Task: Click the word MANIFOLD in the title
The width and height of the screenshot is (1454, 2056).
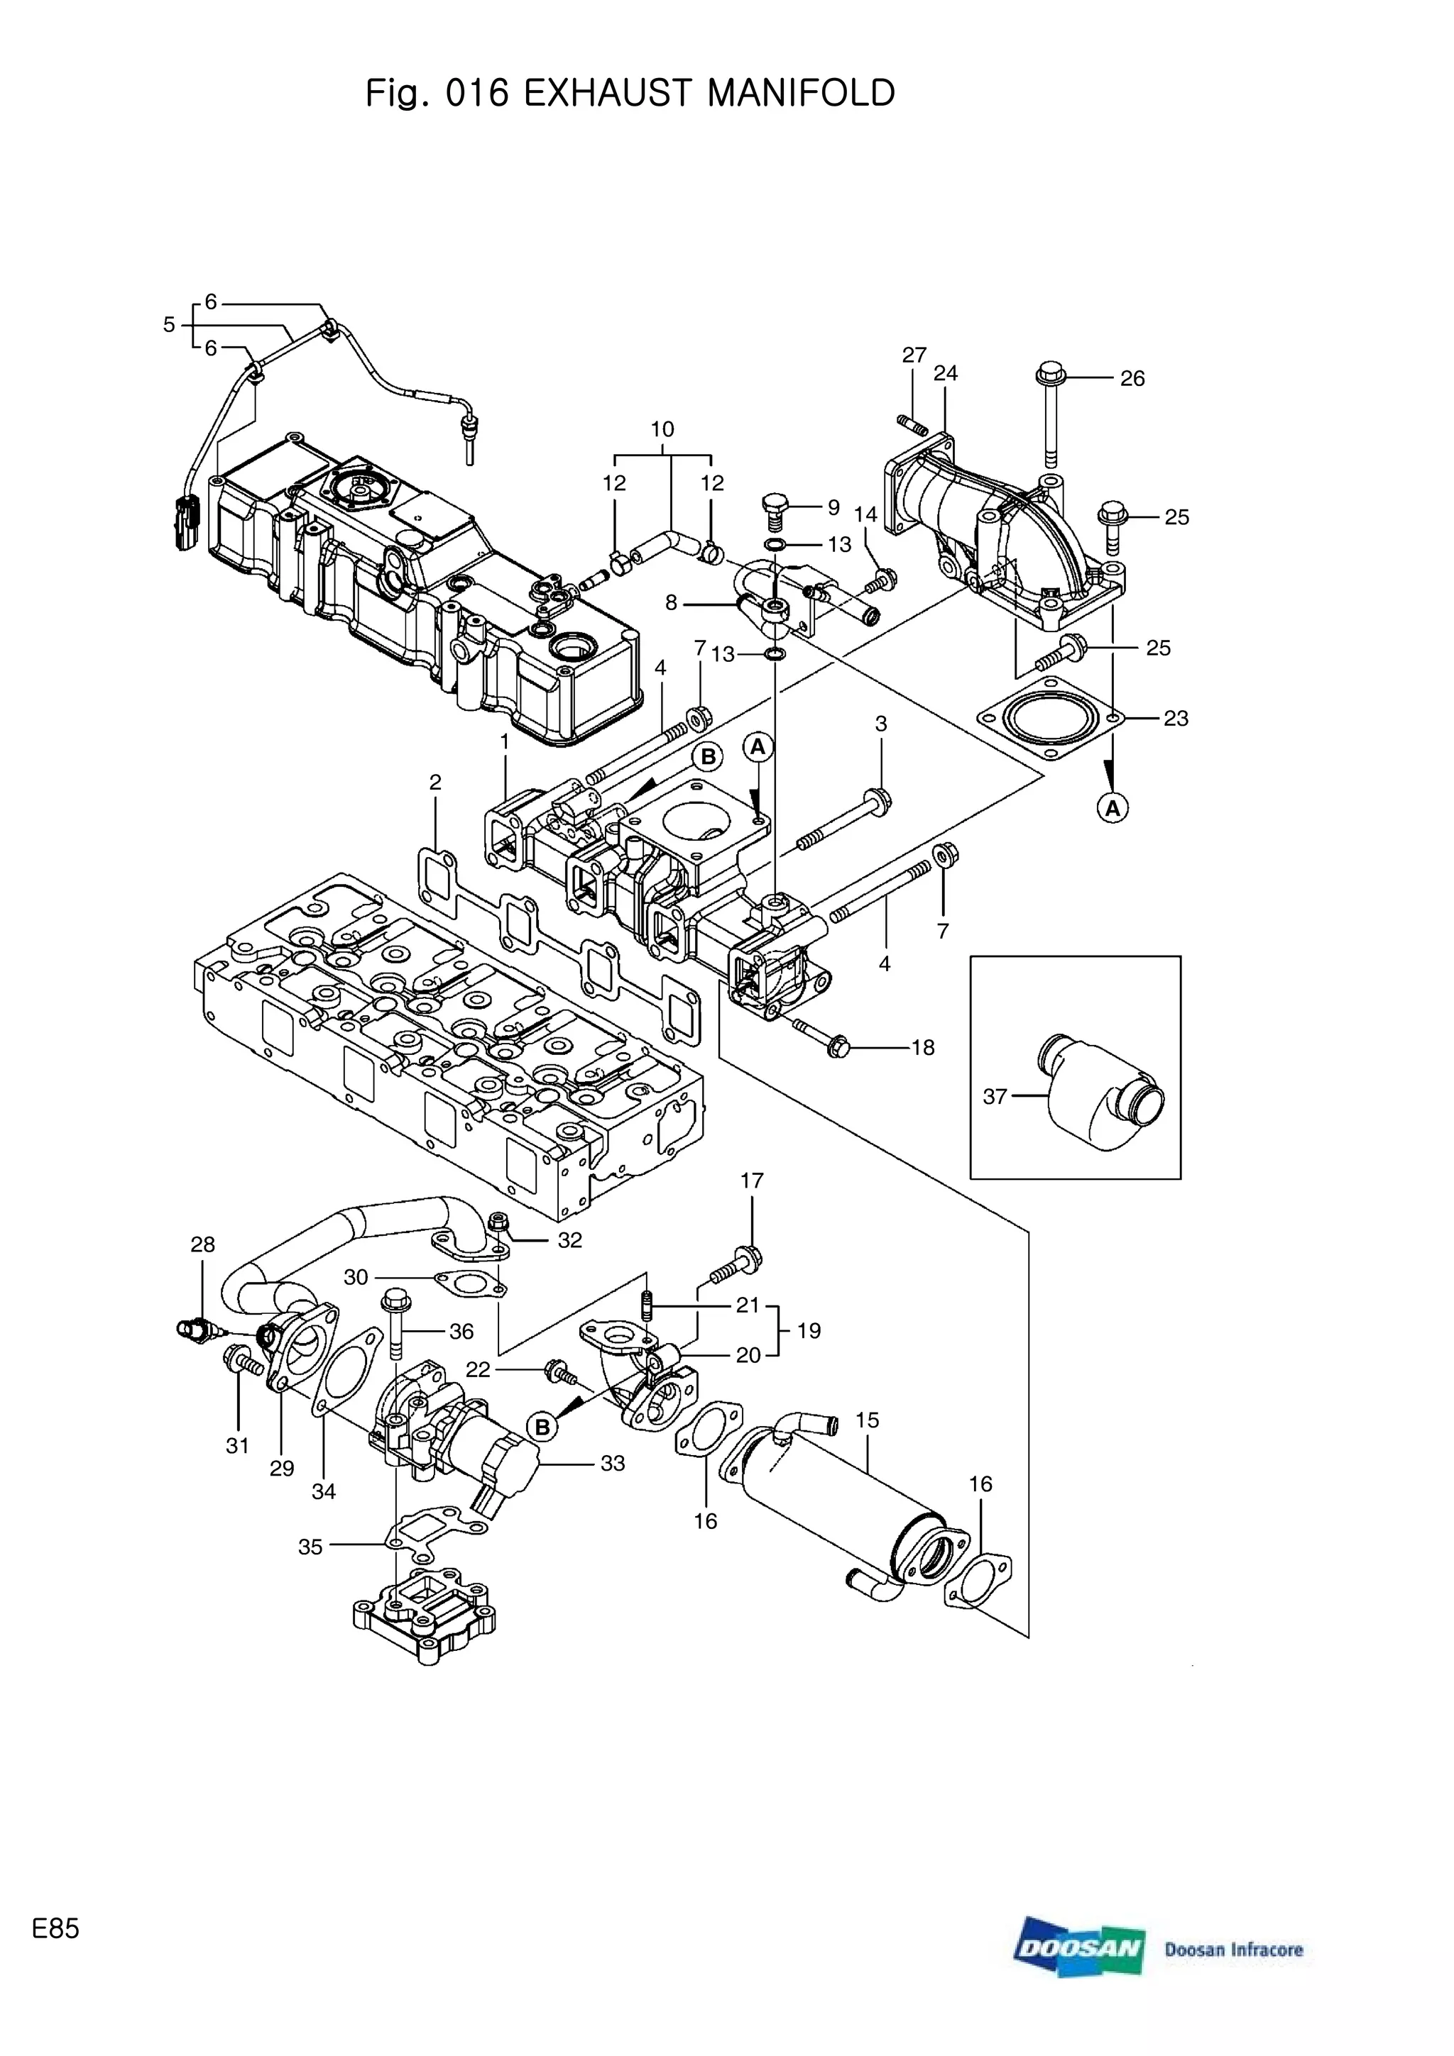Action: (x=800, y=93)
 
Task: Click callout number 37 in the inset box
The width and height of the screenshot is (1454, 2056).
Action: (x=995, y=1096)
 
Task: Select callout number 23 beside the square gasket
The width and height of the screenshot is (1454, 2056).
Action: (x=1176, y=718)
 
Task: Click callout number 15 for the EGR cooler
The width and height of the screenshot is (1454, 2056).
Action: (x=866, y=1420)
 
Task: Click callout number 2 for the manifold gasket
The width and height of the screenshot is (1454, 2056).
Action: (x=435, y=782)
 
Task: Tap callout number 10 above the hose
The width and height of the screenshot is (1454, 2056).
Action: (x=662, y=429)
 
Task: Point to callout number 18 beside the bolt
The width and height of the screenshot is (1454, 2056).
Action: (x=923, y=1047)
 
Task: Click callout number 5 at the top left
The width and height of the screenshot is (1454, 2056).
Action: (x=168, y=324)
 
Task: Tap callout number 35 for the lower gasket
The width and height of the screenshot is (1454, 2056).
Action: (x=310, y=1547)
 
